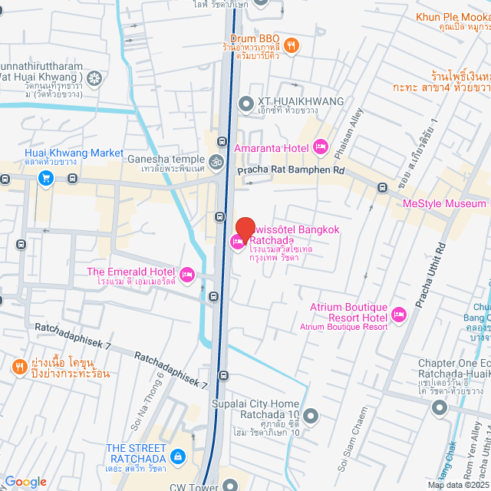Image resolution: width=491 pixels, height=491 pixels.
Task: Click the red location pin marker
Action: (x=245, y=229)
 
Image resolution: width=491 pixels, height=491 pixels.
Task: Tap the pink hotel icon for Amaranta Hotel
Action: (x=321, y=147)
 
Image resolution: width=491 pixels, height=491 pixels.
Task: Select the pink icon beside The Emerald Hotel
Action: (x=186, y=274)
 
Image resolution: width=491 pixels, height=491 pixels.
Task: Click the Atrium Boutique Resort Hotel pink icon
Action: (x=398, y=314)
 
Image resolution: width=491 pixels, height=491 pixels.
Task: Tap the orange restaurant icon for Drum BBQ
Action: (x=291, y=45)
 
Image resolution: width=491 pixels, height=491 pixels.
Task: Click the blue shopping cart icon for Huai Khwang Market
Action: (x=45, y=179)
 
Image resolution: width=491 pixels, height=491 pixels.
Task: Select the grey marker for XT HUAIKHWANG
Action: (x=245, y=103)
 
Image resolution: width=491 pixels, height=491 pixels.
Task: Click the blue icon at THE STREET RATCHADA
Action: (x=178, y=457)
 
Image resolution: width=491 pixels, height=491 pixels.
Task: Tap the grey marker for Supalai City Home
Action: (x=310, y=417)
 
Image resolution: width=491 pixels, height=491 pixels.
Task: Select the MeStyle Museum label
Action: (x=444, y=203)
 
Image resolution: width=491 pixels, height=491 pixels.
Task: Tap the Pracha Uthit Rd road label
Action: (x=430, y=276)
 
